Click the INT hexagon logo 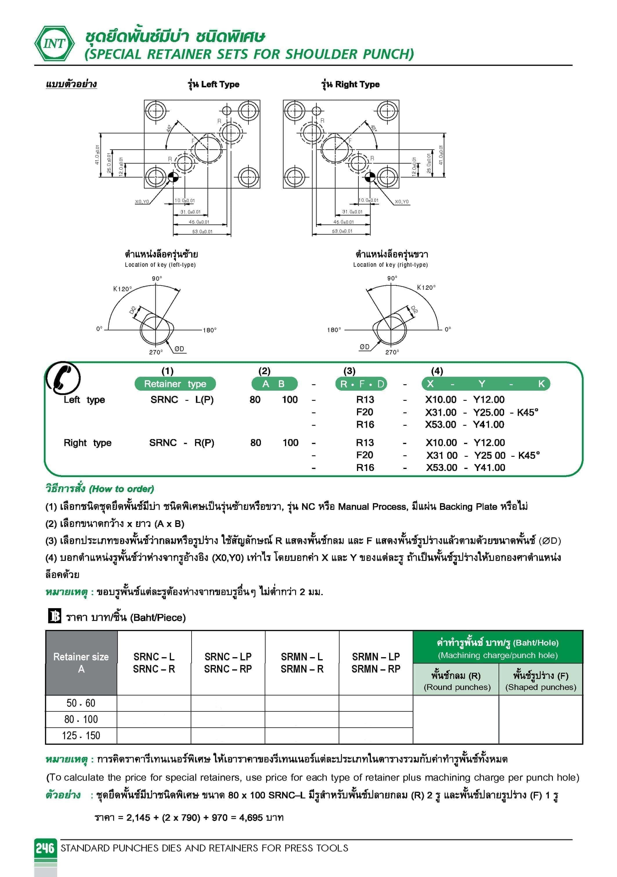(x=55, y=44)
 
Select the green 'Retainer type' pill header (x=175, y=384)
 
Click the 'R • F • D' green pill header (x=361, y=384)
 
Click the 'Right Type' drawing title (x=351, y=84)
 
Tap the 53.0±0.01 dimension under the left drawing (x=202, y=231)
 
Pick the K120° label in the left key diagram (x=122, y=289)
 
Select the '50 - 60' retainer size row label (x=81, y=703)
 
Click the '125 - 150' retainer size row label (x=81, y=736)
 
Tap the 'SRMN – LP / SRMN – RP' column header (x=376, y=663)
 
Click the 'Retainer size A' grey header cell (x=81, y=663)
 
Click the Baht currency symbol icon (x=55, y=616)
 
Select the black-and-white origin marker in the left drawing (x=173, y=177)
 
